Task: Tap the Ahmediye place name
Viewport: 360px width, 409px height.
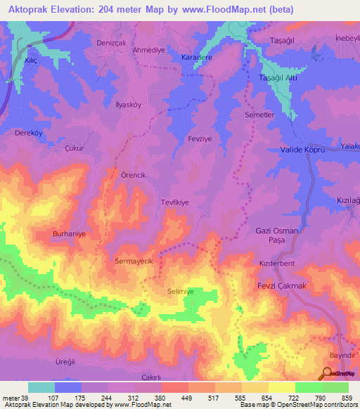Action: (x=148, y=50)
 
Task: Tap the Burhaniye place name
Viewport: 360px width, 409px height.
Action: (x=72, y=234)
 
